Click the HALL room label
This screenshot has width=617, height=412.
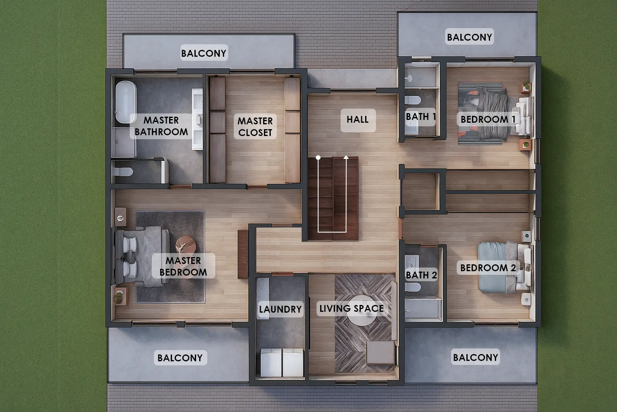(358, 119)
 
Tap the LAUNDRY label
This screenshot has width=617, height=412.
(280, 309)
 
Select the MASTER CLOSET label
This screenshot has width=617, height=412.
(255, 127)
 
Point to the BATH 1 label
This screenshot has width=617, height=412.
(421, 117)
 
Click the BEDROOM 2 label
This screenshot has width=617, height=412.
(488, 268)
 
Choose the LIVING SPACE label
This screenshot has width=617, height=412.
(351, 308)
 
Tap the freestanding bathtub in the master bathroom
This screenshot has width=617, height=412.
(126, 102)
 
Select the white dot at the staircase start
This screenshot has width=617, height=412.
(318, 158)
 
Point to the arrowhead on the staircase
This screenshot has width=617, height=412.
(346, 157)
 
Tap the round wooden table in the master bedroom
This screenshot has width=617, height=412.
(186, 245)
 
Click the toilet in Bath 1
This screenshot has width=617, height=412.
(413, 100)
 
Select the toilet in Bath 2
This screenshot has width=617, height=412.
(413, 287)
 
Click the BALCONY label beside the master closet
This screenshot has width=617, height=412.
(204, 53)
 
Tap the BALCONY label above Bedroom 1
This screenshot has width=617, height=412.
(469, 37)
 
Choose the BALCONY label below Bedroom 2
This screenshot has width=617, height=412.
(476, 358)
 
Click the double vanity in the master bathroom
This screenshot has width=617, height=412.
(197, 119)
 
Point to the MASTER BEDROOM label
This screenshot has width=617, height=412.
(183, 266)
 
